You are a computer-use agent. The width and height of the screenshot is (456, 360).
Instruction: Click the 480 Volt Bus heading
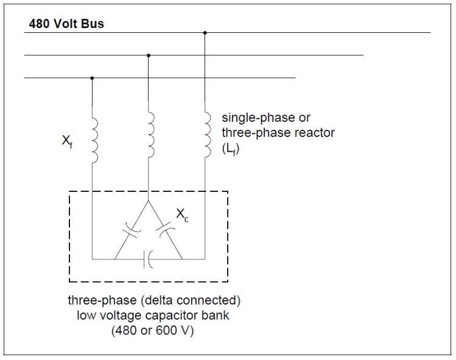click(66, 24)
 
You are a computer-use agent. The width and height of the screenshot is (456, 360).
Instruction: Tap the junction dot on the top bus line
click(205, 32)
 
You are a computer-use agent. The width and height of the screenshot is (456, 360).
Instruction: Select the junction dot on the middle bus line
click(149, 55)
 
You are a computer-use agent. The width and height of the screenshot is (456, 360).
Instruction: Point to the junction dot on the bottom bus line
click(92, 78)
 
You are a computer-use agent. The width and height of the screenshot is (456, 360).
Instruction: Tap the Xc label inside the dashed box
click(182, 213)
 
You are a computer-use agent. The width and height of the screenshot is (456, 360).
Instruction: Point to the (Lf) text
click(231, 148)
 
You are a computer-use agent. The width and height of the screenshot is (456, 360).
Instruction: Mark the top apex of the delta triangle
click(149, 201)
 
